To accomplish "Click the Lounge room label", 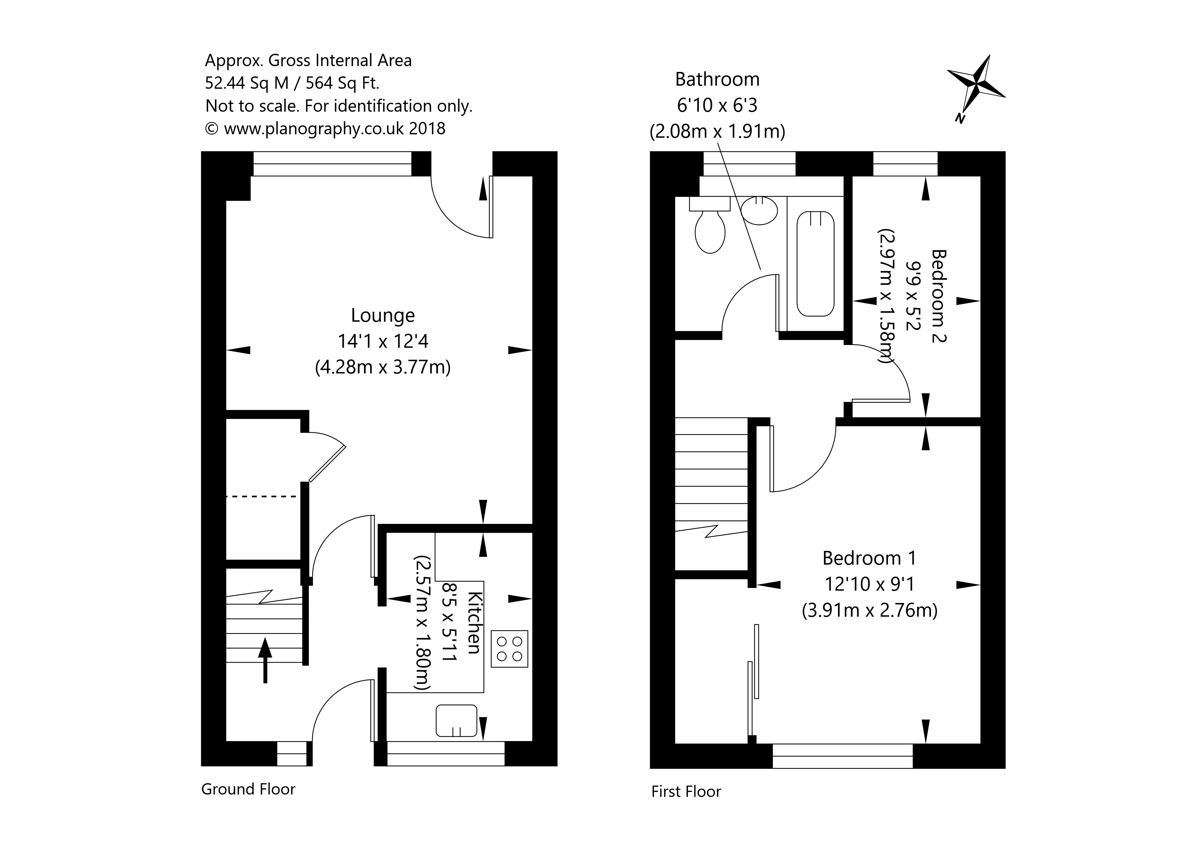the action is point(383,316).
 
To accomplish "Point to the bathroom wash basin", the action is point(759,210).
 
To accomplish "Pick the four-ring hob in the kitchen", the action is point(509,649).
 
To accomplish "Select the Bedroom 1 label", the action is point(869,558).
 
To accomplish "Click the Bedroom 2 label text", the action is point(939,295).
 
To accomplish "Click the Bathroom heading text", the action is point(717,79).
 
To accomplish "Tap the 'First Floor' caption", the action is point(686,791).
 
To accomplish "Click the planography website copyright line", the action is point(325,129).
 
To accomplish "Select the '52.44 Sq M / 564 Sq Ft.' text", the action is point(292,83).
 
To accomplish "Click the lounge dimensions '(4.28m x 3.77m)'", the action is point(383,367).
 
